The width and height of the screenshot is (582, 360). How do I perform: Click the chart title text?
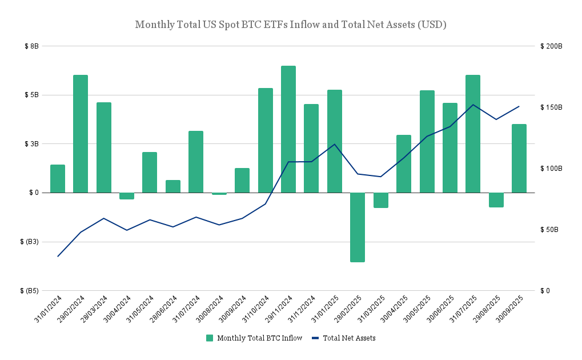pyautogui.click(x=291, y=25)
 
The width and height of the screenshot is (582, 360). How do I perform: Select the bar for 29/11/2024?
pyautogui.click(x=288, y=129)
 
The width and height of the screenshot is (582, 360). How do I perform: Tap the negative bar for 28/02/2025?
pyautogui.click(x=358, y=227)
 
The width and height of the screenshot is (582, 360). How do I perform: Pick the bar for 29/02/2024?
pyautogui.click(x=81, y=134)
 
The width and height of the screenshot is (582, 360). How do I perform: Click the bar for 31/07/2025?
pyautogui.click(x=473, y=134)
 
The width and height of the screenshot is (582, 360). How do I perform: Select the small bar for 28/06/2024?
pyautogui.click(x=173, y=186)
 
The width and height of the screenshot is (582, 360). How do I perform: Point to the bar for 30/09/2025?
pyautogui.click(x=519, y=158)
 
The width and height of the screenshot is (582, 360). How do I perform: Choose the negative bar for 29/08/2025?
pyautogui.click(x=496, y=199)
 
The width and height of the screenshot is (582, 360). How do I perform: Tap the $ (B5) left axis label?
pyautogui.click(x=29, y=291)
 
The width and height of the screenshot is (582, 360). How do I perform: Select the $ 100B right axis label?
pyautogui.click(x=551, y=169)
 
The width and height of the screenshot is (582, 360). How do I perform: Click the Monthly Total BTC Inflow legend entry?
pyautogui.click(x=254, y=338)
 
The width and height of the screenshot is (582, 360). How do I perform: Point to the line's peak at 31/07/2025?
pyautogui.click(x=473, y=105)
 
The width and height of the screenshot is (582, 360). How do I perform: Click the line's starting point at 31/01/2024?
pyautogui.click(x=58, y=256)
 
